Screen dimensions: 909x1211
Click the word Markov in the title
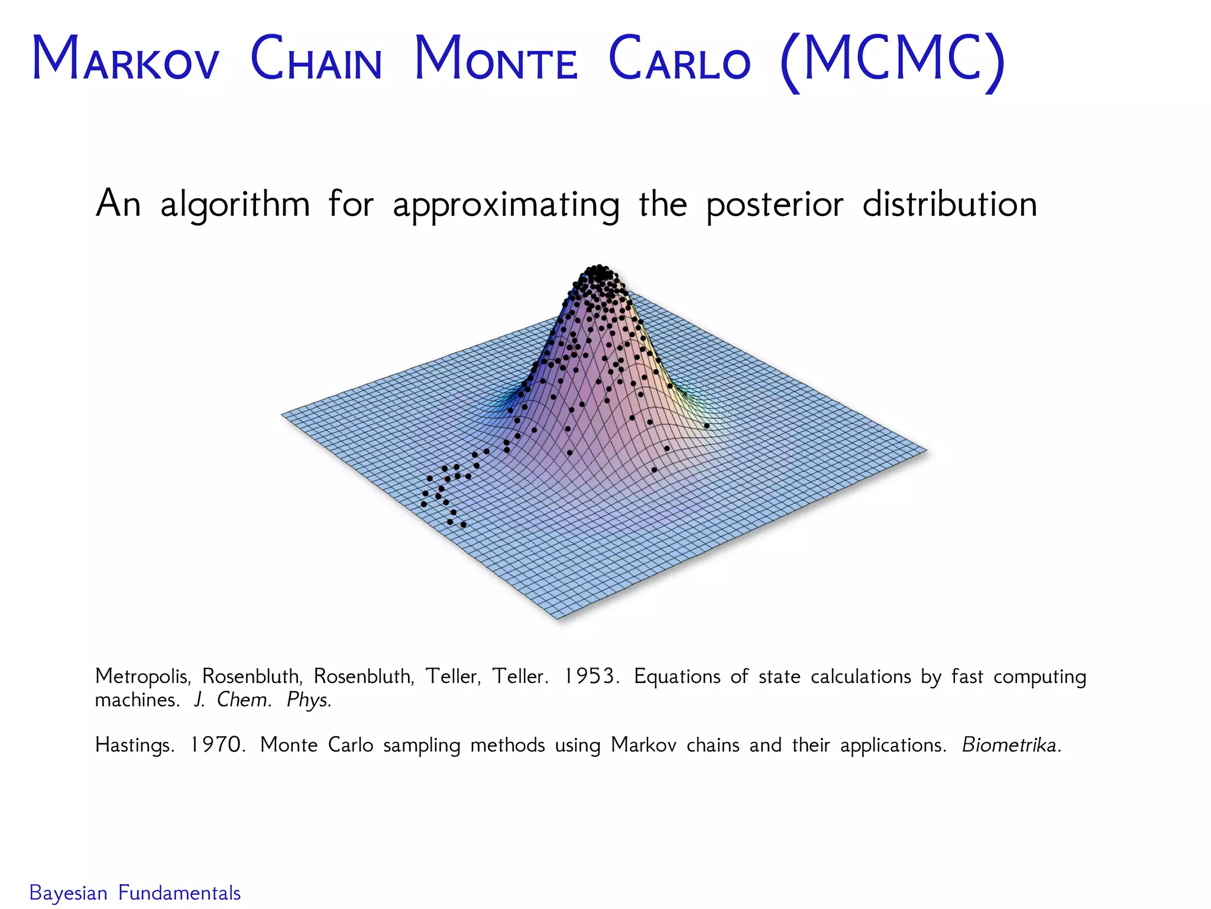[125, 60]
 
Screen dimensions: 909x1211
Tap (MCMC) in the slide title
[892, 60]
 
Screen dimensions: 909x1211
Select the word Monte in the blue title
[496, 60]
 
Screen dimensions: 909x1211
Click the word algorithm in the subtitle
[235, 205]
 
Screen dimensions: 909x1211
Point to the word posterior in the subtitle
[775, 205]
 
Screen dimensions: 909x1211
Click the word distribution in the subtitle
[950, 204]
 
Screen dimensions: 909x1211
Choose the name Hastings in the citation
[134, 745]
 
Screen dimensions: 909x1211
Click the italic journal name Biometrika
[1011, 744]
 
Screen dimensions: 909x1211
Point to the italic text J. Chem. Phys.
[263, 700]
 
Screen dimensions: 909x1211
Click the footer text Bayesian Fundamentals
[135, 892]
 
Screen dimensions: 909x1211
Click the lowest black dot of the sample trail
[464, 525]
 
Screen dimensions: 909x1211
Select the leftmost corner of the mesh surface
[282, 414]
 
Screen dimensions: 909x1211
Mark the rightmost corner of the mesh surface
[926, 450]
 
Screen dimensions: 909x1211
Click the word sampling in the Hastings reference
[422, 745]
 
